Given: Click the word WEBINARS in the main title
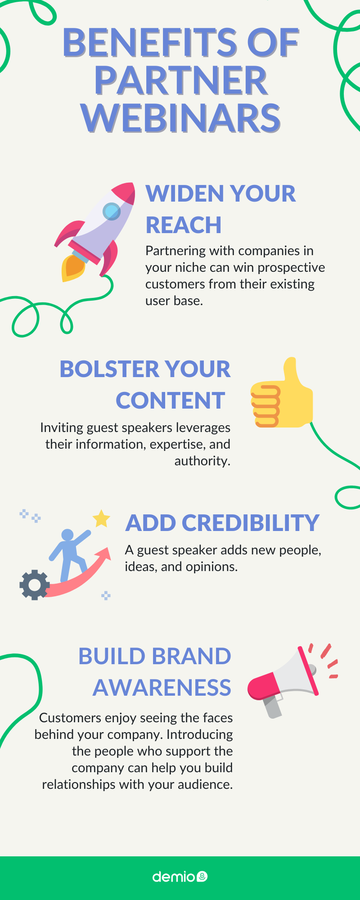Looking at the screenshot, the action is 181,118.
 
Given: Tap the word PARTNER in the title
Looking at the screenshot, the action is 181,81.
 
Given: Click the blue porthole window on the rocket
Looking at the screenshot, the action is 112,211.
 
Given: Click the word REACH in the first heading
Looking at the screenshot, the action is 184,225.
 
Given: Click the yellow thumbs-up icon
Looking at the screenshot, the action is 282,392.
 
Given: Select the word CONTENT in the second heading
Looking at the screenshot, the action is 171,400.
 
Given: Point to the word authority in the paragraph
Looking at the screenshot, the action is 202,461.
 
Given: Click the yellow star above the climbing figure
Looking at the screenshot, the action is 101,518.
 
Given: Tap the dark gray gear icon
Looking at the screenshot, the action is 34,585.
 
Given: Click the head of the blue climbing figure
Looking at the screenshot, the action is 67,535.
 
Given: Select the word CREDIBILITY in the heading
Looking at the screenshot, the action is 251,523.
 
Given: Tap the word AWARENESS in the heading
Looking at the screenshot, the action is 162,688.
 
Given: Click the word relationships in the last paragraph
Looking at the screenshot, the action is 73,784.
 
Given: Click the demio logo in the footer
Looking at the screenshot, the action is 180,877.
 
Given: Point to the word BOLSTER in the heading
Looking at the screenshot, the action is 105,369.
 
